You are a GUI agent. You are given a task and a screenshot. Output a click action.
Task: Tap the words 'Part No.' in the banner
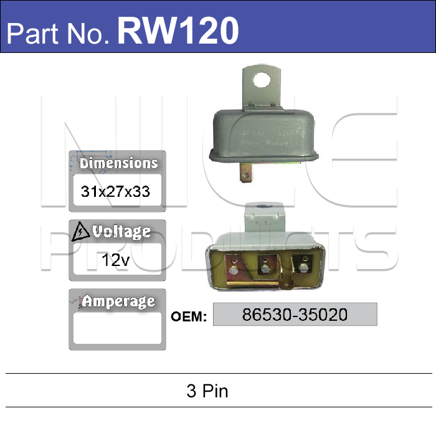coord(59,32)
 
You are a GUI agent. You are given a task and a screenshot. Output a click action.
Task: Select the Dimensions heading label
coord(118,163)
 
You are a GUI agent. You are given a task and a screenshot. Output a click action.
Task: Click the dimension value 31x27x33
coord(116,191)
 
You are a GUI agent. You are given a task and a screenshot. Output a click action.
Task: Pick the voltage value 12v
coord(116,260)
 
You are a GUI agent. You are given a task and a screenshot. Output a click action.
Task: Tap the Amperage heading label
coord(119,301)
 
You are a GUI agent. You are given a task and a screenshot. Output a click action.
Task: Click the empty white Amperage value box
coord(116,328)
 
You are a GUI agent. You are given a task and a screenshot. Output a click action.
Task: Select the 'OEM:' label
coord(189,316)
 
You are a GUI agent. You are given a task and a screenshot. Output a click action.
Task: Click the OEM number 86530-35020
coord(295,315)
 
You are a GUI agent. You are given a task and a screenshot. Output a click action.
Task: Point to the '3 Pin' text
coord(207,391)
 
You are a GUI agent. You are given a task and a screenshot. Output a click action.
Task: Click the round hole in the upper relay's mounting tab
coord(263,80)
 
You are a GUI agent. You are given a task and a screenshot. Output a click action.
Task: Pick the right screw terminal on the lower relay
coord(303,266)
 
